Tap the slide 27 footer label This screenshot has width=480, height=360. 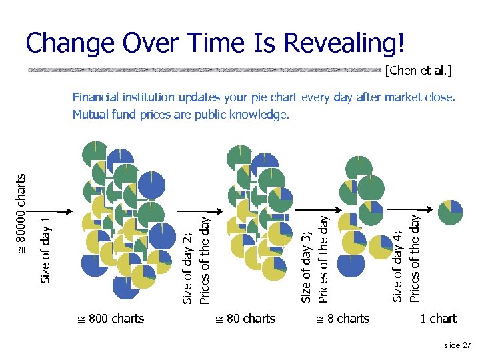[x=456, y=345]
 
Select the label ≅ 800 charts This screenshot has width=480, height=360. [x=111, y=319]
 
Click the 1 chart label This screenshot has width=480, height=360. [x=438, y=319]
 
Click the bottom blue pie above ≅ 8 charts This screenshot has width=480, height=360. [x=351, y=263]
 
